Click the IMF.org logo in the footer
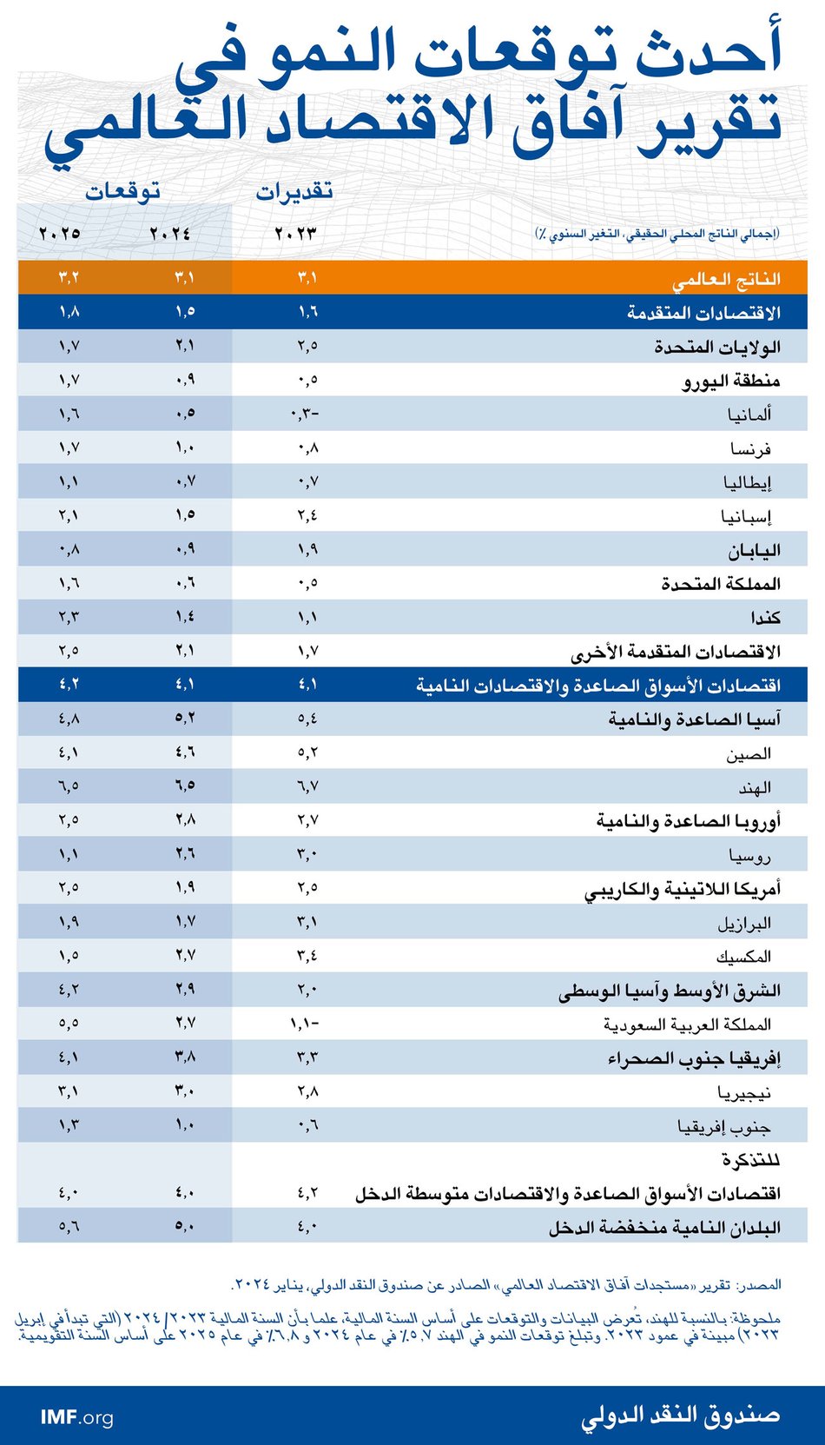[x=76, y=1417]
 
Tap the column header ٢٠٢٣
[x=295, y=234]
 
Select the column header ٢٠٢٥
[x=60, y=234]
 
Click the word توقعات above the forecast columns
[x=122, y=191]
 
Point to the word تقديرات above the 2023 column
[x=294, y=192]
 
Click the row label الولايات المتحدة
[x=717, y=347]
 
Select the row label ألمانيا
[x=749, y=414]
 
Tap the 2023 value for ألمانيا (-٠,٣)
[x=305, y=414]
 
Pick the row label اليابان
[x=754, y=550]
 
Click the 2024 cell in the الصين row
[x=185, y=752]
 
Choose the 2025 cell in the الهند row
[x=69, y=786]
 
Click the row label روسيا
[x=749, y=855]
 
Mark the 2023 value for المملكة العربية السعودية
[x=305, y=1024]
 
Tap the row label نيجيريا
[x=744, y=1092]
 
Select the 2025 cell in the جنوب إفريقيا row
[x=69, y=1125]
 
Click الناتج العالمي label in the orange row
[x=726, y=279]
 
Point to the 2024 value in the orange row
[x=185, y=278]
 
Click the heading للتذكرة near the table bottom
[x=750, y=1160]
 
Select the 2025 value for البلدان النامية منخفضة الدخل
[x=69, y=1227]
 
